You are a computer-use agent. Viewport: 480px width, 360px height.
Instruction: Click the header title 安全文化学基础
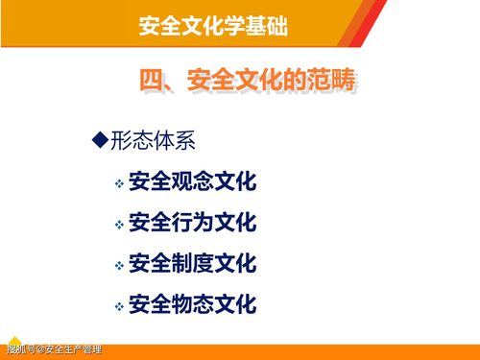(x=214, y=23)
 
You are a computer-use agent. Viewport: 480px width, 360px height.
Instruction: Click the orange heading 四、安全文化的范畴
(x=249, y=83)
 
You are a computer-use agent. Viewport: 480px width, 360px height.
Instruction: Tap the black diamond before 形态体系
(x=97, y=141)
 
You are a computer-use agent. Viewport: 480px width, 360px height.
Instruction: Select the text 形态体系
(x=151, y=142)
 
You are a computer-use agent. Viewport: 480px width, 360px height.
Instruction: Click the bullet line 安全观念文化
(x=192, y=181)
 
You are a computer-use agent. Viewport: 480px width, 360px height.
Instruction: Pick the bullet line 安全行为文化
(x=192, y=224)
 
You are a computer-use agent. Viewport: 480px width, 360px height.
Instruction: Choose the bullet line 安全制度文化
(x=192, y=264)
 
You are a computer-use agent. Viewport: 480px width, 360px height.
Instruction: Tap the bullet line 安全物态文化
(x=192, y=305)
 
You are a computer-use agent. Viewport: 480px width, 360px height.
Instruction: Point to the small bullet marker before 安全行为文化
(x=119, y=226)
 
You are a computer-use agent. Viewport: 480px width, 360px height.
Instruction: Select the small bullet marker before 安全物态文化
(x=119, y=307)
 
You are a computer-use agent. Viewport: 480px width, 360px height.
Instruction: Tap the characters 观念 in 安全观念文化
(x=192, y=181)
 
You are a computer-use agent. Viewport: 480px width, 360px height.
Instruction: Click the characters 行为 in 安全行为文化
(x=192, y=224)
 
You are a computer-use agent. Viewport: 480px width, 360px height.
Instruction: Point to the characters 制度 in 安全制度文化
(x=192, y=264)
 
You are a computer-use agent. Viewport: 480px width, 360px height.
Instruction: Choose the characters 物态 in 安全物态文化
(x=192, y=305)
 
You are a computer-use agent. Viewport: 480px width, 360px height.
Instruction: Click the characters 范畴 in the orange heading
(x=332, y=83)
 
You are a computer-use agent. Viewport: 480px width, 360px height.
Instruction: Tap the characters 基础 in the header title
(x=269, y=23)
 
